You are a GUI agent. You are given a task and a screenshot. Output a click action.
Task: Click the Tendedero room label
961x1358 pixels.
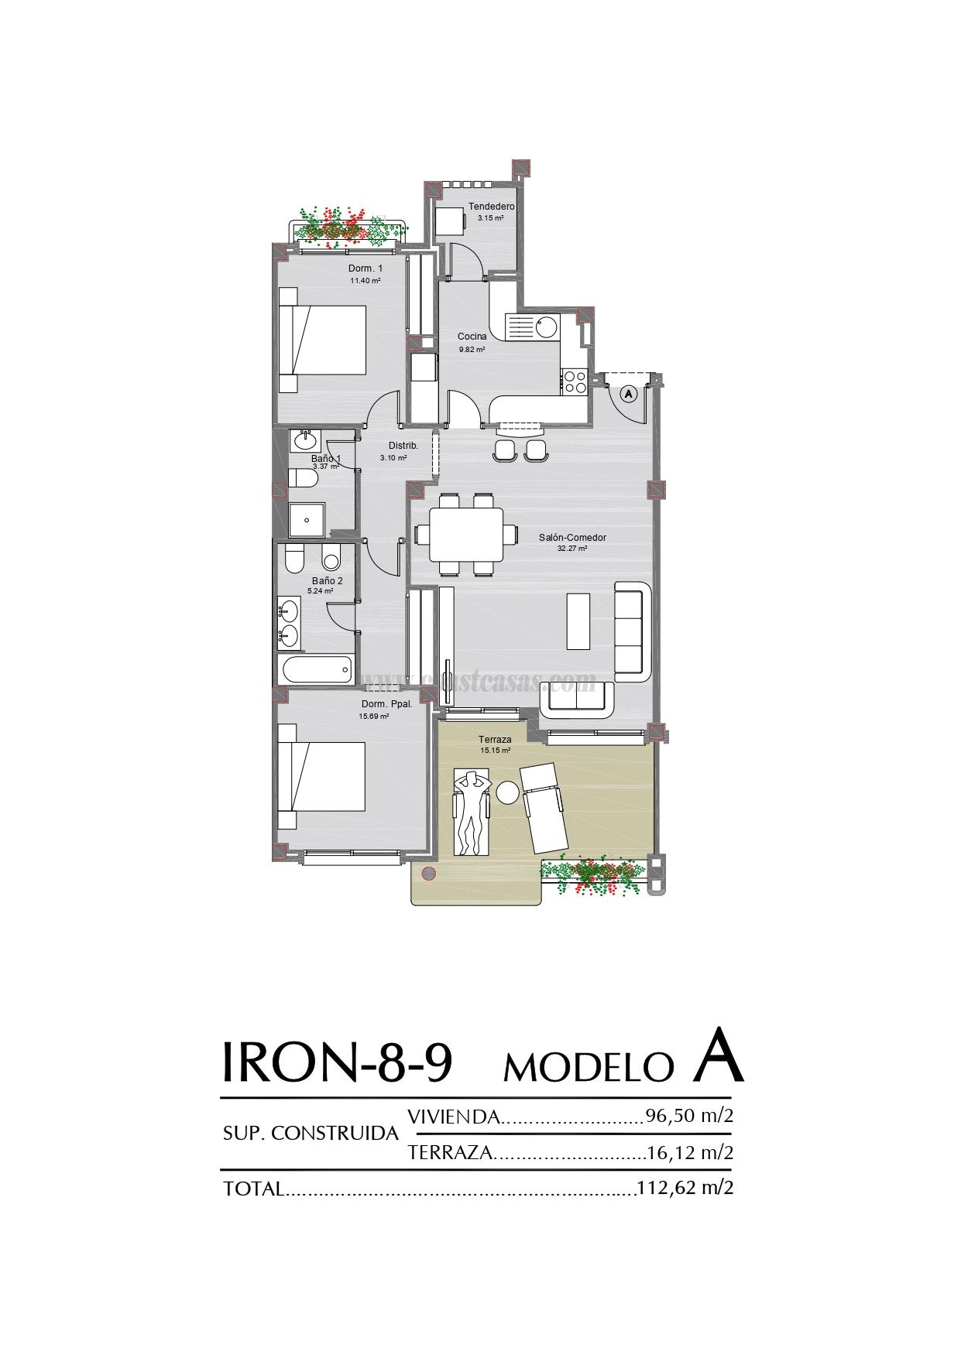[x=491, y=207]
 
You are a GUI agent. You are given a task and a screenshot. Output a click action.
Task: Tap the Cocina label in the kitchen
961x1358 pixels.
[x=472, y=337]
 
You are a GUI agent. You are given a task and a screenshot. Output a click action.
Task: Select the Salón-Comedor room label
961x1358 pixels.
[x=572, y=538]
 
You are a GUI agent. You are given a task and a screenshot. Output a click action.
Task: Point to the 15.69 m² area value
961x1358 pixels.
[x=373, y=717]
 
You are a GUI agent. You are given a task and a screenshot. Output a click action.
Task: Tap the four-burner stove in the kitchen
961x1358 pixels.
[x=575, y=381]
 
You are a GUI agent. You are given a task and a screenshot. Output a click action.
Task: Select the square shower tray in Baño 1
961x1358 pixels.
[x=307, y=519]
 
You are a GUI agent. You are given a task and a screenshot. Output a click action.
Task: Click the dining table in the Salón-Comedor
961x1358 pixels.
[x=465, y=535]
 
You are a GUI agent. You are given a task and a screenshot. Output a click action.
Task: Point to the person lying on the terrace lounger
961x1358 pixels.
[x=471, y=812]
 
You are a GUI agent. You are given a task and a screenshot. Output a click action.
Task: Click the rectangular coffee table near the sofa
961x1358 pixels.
[x=578, y=621]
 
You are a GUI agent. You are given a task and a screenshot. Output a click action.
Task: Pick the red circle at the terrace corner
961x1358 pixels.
[x=428, y=874]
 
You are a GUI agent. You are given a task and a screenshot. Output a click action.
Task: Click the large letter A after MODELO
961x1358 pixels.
[x=717, y=1055]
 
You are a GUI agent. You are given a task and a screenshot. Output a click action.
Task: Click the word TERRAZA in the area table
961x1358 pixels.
[x=450, y=1152]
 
